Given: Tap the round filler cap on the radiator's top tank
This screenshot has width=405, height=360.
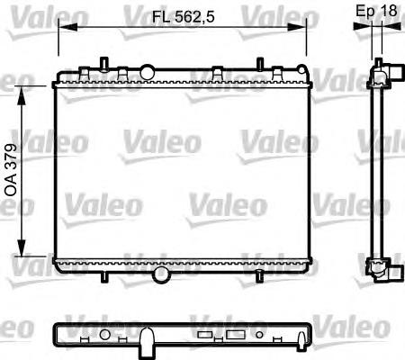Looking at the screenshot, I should (147, 69).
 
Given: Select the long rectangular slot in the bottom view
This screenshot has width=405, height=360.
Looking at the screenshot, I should (237, 335).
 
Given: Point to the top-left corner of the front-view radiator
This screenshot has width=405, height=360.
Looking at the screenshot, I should (55, 79).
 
